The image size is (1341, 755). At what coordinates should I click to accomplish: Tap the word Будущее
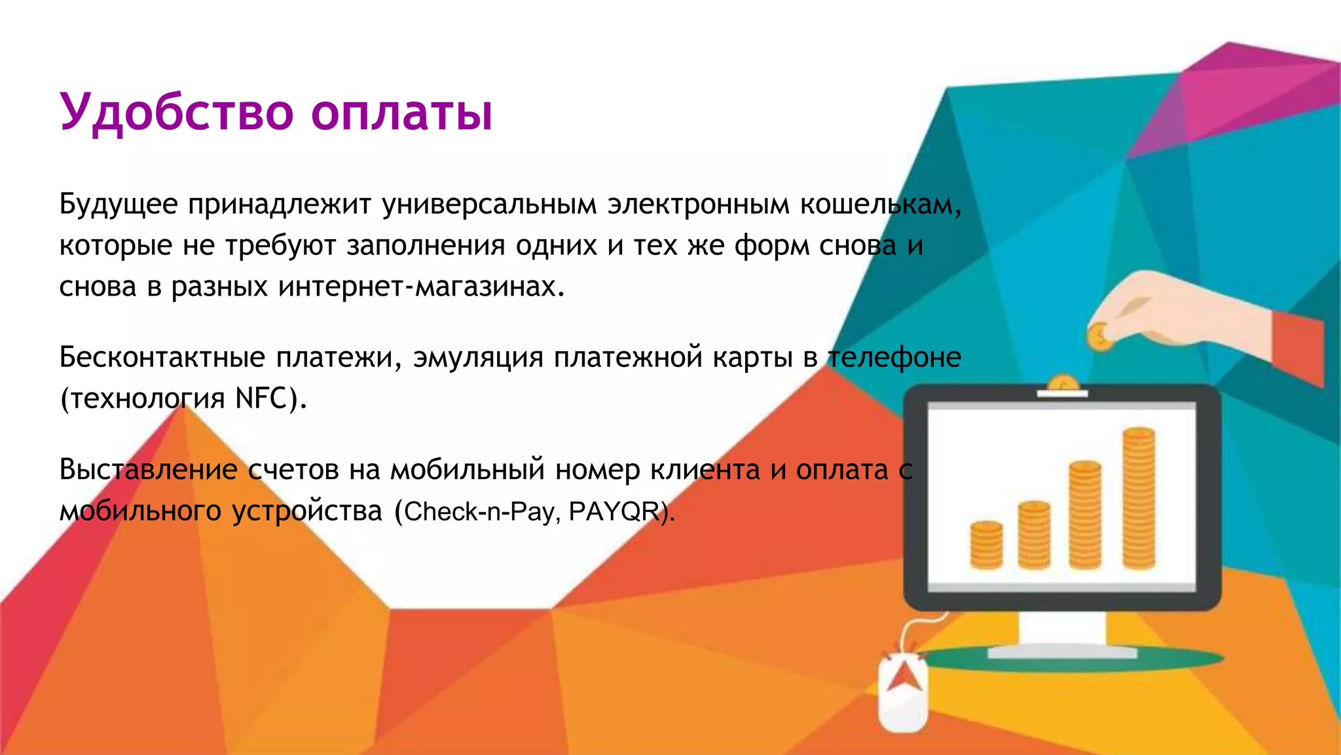(119, 204)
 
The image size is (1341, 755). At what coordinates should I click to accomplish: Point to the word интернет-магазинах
(420, 286)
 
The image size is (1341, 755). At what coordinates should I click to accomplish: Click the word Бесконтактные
(162, 358)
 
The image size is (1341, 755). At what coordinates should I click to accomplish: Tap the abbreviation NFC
(261, 398)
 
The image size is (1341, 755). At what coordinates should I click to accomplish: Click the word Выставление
(149, 470)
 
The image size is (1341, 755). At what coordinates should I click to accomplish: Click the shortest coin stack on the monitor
(986, 545)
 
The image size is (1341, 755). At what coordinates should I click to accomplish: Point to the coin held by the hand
(1099, 336)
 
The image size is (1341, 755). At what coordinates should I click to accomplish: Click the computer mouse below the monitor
(903, 693)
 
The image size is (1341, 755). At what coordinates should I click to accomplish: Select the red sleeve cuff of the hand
(1298, 348)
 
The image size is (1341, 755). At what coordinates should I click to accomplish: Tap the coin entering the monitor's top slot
(1063, 383)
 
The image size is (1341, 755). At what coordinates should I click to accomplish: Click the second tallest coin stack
(1085, 515)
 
